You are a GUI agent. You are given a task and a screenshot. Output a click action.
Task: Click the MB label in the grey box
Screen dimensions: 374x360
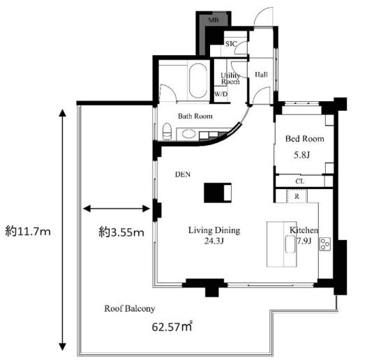pyautogui.click(x=214, y=20)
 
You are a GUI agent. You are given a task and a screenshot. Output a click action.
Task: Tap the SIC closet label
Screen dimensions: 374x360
pyautogui.click(x=231, y=44)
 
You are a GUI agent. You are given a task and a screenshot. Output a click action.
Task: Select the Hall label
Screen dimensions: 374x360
pyautogui.click(x=261, y=75)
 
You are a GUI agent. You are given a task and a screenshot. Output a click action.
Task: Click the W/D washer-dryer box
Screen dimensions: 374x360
pyautogui.click(x=221, y=94)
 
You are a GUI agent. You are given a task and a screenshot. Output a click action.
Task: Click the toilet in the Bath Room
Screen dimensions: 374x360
pyautogui.click(x=167, y=131)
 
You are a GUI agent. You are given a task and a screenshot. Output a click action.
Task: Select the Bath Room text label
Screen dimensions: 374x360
pyautogui.click(x=195, y=117)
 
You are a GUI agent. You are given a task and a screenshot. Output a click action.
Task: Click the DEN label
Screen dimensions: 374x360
pyautogui.click(x=183, y=174)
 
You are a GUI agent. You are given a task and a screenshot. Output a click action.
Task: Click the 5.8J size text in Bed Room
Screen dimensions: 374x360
pyautogui.click(x=301, y=156)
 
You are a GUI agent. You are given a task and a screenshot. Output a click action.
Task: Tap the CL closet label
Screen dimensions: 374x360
pyautogui.click(x=300, y=181)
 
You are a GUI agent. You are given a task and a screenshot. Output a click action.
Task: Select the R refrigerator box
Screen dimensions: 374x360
pyautogui.click(x=297, y=196)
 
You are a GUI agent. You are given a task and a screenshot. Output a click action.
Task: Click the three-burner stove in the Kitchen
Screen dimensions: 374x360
pyautogui.click(x=325, y=244)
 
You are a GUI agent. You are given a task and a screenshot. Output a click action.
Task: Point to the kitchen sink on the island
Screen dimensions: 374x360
pyautogui.click(x=290, y=244)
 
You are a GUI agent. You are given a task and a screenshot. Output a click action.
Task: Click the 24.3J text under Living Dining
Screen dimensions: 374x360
pyautogui.click(x=214, y=241)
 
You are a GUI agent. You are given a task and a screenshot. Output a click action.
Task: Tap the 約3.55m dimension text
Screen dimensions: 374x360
pyautogui.click(x=121, y=232)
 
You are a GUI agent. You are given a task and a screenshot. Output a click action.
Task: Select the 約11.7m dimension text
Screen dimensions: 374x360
pyautogui.click(x=28, y=231)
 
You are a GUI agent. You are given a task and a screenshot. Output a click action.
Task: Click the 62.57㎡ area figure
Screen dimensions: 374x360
pyautogui.click(x=172, y=327)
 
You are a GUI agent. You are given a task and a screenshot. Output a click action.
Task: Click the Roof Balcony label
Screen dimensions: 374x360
pyautogui.click(x=130, y=308)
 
